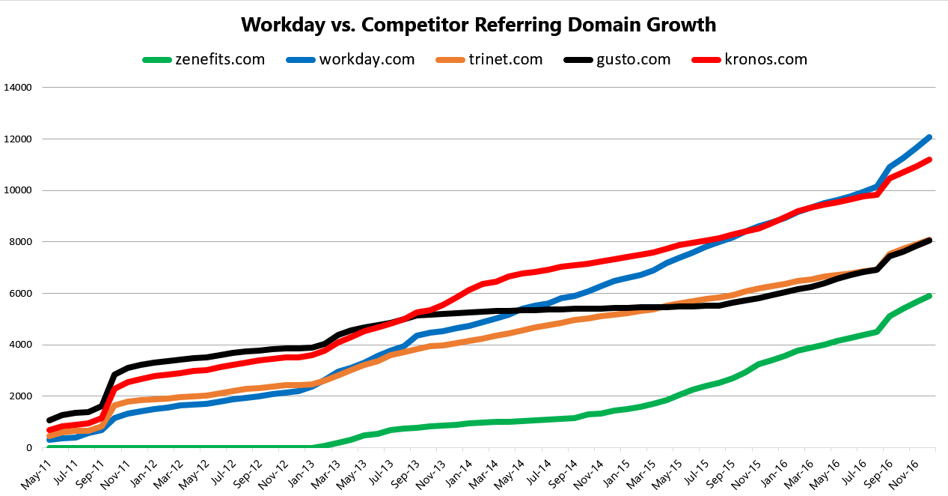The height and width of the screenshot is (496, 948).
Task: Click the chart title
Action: [x=478, y=25]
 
